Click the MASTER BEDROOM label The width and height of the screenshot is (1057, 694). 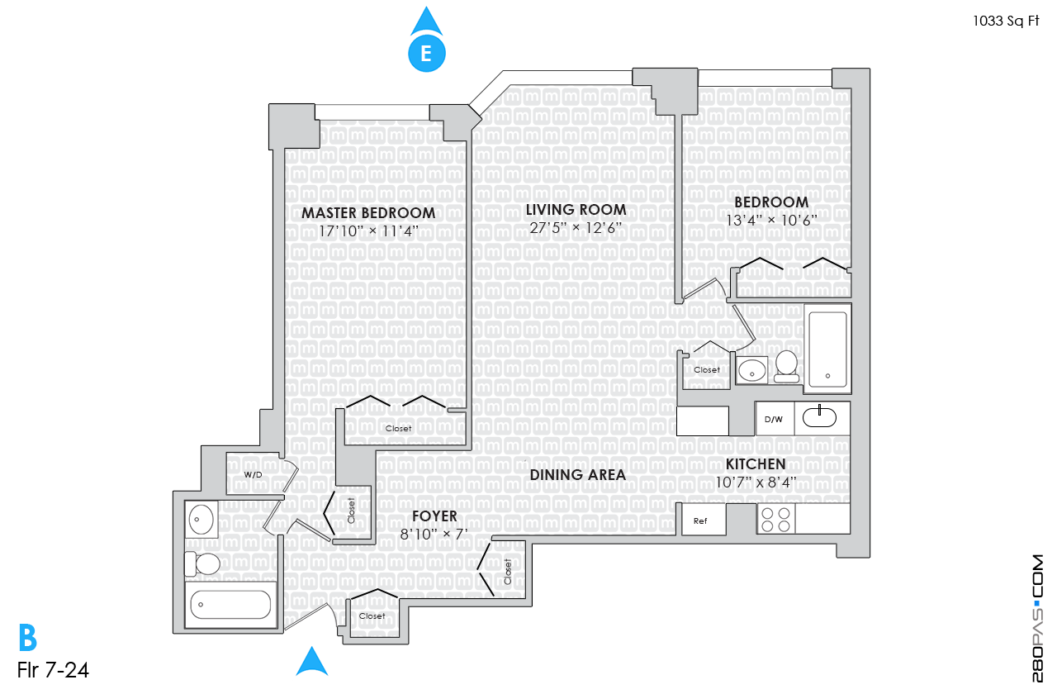[368, 213]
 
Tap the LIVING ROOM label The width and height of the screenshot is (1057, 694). [576, 210]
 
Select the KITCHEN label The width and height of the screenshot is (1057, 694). [755, 464]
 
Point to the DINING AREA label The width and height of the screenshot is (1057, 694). [577, 475]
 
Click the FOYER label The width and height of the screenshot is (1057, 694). [434, 516]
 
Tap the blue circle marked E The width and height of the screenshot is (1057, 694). [426, 54]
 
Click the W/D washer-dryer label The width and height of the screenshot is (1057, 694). [253, 475]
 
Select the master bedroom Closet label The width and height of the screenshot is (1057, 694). [398, 429]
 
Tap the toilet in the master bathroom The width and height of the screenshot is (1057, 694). [204, 564]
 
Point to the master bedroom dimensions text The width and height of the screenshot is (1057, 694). [368, 231]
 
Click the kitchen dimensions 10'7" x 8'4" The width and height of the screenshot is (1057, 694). [755, 482]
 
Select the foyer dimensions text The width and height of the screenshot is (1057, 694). [434, 533]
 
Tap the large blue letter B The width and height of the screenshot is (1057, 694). [28, 639]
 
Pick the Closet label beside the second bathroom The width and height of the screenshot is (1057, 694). [707, 370]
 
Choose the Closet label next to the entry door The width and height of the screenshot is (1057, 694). [372, 616]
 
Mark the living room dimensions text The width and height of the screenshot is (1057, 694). [576, 229]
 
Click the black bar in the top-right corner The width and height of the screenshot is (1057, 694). [1006, 22]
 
